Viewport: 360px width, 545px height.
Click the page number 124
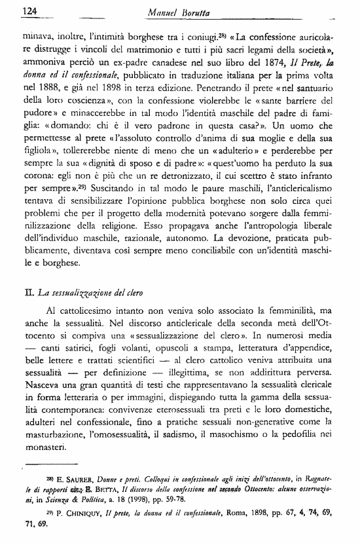pos(14,10)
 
